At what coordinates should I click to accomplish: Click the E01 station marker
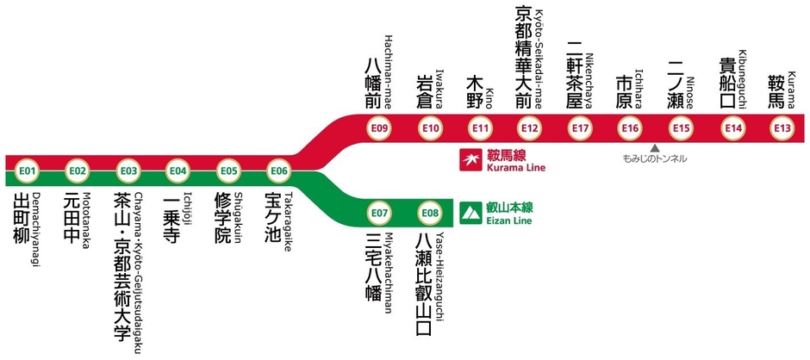pyautogui.click(x=28, y=171)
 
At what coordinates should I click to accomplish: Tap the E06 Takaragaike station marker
pyautogui.click(x=278, y=171)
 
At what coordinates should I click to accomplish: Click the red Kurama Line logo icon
pyautogui.click(x=472, y=159)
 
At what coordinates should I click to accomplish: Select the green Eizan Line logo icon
pyautogui.click(x=471, y=211)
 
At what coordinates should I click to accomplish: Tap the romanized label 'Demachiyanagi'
pyautogui.click(x=37, y=232)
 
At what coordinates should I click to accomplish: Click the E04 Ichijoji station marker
pyautogui.click(x=178, y=171)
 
